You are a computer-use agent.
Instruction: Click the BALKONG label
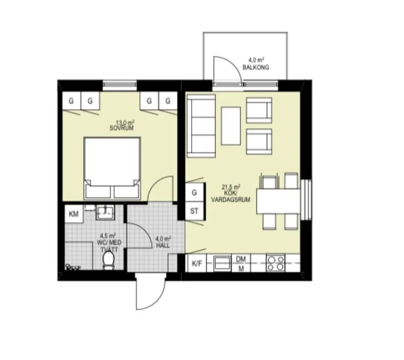pos(256,68)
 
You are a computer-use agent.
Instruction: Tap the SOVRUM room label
pos(119,128)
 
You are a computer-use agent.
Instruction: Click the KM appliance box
pos(74,214)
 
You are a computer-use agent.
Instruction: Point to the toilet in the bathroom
pos(109,259)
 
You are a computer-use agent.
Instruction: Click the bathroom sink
pos(104,212)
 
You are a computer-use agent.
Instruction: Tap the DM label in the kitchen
pos(241,259)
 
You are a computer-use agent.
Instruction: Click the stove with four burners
pos(275,263)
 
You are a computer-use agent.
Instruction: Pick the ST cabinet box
pos(194,211)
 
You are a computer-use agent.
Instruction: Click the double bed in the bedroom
pos(112,167)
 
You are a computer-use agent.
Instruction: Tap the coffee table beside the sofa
pos(231,126)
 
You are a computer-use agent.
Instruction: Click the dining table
pos(278,201)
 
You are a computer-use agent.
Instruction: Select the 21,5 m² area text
pos(231,187)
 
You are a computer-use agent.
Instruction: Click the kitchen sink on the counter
pos(223,263)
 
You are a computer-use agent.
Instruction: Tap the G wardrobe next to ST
pos(194,192)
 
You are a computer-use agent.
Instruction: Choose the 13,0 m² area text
pos(119,122)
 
